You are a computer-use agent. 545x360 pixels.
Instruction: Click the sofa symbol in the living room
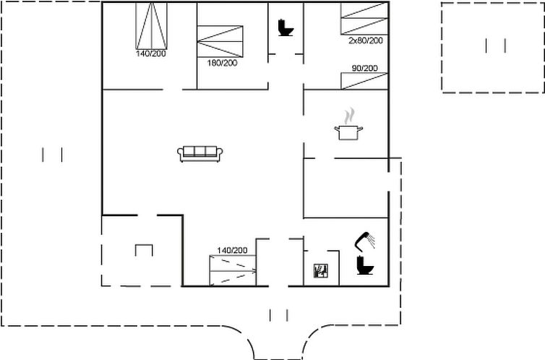pyautogui.click(x=199, y=153)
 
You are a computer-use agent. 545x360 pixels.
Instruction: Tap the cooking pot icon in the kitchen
pyautogui.click(x=348, y=132)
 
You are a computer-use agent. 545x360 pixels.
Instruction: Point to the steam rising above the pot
pyautogui.click(x=350, y=116)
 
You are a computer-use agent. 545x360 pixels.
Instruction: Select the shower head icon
pyautogui.click(x=364, y=241)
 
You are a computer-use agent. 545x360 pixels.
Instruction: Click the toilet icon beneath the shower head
pyautogui.click(x=365, y=265)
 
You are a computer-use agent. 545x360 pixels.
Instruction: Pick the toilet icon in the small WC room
pyautogui.click(x=286, y=27)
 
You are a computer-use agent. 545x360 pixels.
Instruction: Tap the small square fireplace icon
pyautogui.click(x=321, y=270)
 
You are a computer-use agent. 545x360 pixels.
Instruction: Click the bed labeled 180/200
pyautogui.click(x=220, y=41)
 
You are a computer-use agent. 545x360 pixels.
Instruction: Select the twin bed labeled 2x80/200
pyautogui.click(x=364, y=18)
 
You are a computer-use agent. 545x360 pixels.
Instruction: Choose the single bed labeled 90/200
pyautogui.click(x=364, y=81)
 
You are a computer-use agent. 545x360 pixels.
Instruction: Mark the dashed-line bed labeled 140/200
pyautogui.click(x=233, y=270)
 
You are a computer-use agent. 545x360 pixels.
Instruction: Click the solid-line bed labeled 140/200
pyautogui.click(x=151, y=26)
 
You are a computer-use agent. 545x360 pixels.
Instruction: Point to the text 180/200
pyautogui.click(x=223, y=63)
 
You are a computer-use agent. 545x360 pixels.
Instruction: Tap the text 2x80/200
pyautogui.click(x=366, y=40)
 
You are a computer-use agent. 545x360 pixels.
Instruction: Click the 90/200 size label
pyautogui.click(x=364, y=68)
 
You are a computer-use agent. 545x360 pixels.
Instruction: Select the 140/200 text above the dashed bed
pyautogui.click(x=232, y=250)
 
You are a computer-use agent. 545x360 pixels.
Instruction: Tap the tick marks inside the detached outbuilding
pyautogui.click(x=495, y=46)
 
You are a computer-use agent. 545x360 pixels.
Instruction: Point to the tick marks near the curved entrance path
pyautogui.click(x=278, y=315)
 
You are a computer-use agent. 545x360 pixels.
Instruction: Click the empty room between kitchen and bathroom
pyautogui.click(x=346, y=188)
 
